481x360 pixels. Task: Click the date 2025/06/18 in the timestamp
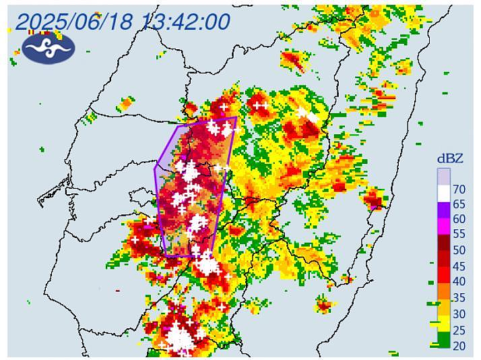click(x=75, y=22)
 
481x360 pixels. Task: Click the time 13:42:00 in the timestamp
click(x=185, y=22)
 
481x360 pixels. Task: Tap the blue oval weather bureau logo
click(x=48, y=47)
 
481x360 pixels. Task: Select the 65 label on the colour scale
click(x=460, y=204)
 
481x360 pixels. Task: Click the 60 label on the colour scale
click(x=460, y=219)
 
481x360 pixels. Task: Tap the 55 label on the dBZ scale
click(x=460, y=235)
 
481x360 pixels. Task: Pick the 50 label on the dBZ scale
click(x=460, y=250)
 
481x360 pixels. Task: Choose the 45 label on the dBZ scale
click(x=460, y=266)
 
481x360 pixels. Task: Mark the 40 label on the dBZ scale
click(x=460, y=282)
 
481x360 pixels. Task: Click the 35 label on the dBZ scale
click(x=460, y=297)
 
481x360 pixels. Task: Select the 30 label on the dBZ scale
click(x=460, y=313)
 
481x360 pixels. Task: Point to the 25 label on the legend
click(x=460, y=329)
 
